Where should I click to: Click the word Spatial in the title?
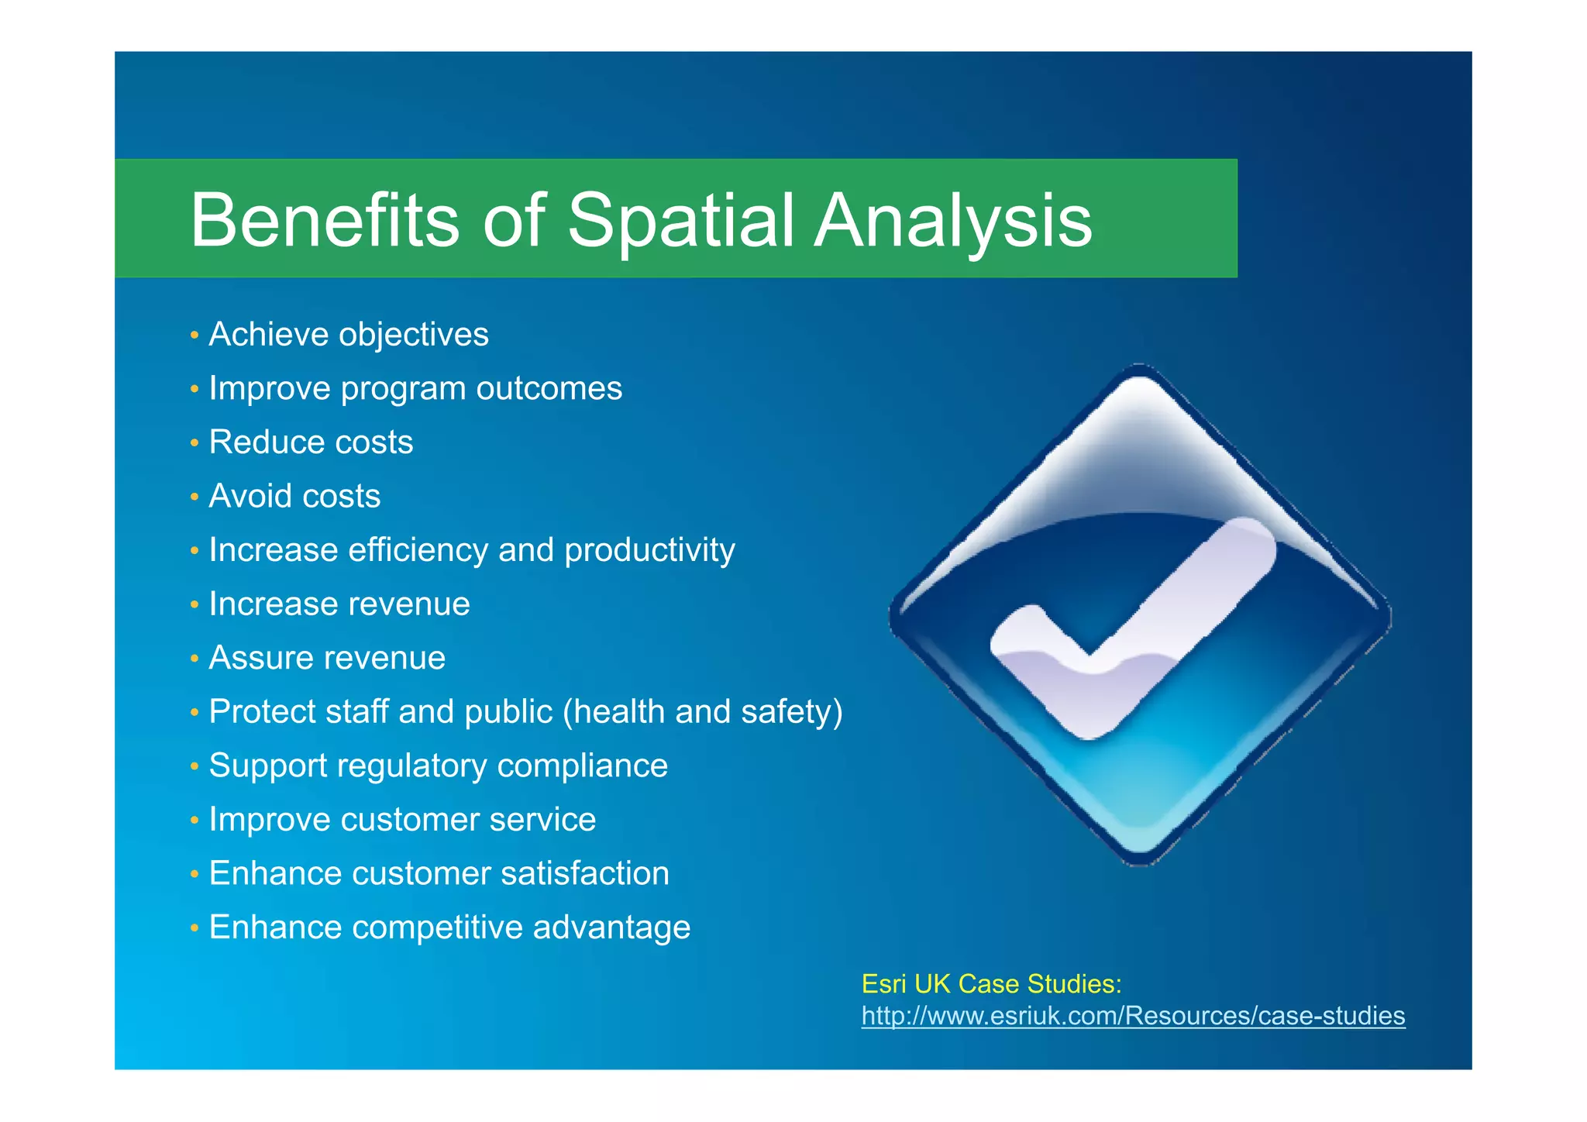tap(680, 221)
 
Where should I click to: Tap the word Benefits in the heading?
tap(325, 221)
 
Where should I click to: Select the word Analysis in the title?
tap(952, 221)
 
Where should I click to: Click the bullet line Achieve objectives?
tap(349, 335)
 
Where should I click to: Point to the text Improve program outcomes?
tap(415, 388)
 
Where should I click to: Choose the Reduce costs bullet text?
tap(311, 442)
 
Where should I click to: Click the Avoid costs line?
tap(294, 496)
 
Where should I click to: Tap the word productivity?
tap(649, 550)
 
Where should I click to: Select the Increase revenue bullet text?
tap(339, 604)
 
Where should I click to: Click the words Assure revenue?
tap(327, 658)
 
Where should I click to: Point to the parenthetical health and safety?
tap(702, 711)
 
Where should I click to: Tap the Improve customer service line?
tap(402, 820)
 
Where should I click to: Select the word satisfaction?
tap(585, 873)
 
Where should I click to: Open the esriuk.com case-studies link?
tap(1133, 1016)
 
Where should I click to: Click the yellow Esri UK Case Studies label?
tap(991, 984)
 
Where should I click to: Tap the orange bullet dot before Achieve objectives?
tap(195, 336)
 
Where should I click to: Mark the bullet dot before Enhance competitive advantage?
tap(195, 928)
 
